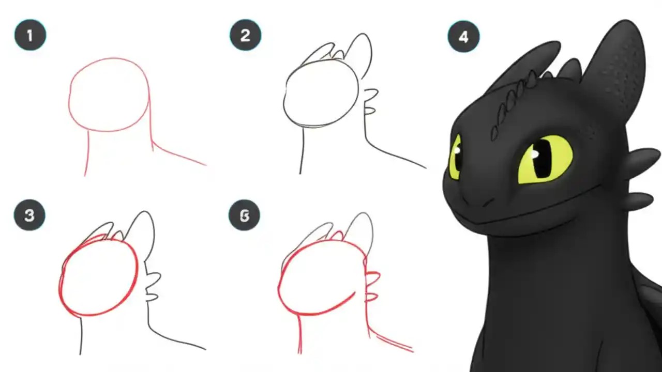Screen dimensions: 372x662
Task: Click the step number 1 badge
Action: point(30,35)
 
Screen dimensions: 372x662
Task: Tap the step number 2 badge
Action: point(245,35)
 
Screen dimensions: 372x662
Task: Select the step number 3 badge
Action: point(29,215)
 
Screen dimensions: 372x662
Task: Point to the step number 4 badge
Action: point(463,36)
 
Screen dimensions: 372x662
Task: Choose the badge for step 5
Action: point(244,216)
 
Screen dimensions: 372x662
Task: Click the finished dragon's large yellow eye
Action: point(545,159)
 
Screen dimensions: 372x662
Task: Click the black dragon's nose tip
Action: point(468,199)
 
